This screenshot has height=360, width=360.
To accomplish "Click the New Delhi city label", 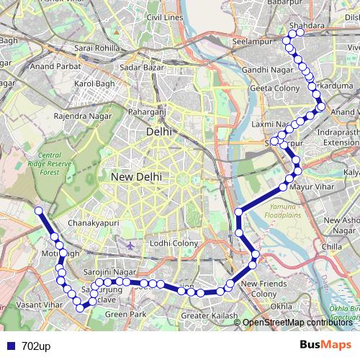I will [x=136, y=176].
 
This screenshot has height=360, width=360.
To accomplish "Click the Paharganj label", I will [x=147, y=112].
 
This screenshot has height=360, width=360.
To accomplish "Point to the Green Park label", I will [x=125, y=315].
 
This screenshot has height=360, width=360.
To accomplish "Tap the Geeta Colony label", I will [x=270, y=88].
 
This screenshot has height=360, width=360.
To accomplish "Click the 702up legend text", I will [x=36, y=346].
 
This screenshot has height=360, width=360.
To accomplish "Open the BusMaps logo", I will [x=325, y=346].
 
